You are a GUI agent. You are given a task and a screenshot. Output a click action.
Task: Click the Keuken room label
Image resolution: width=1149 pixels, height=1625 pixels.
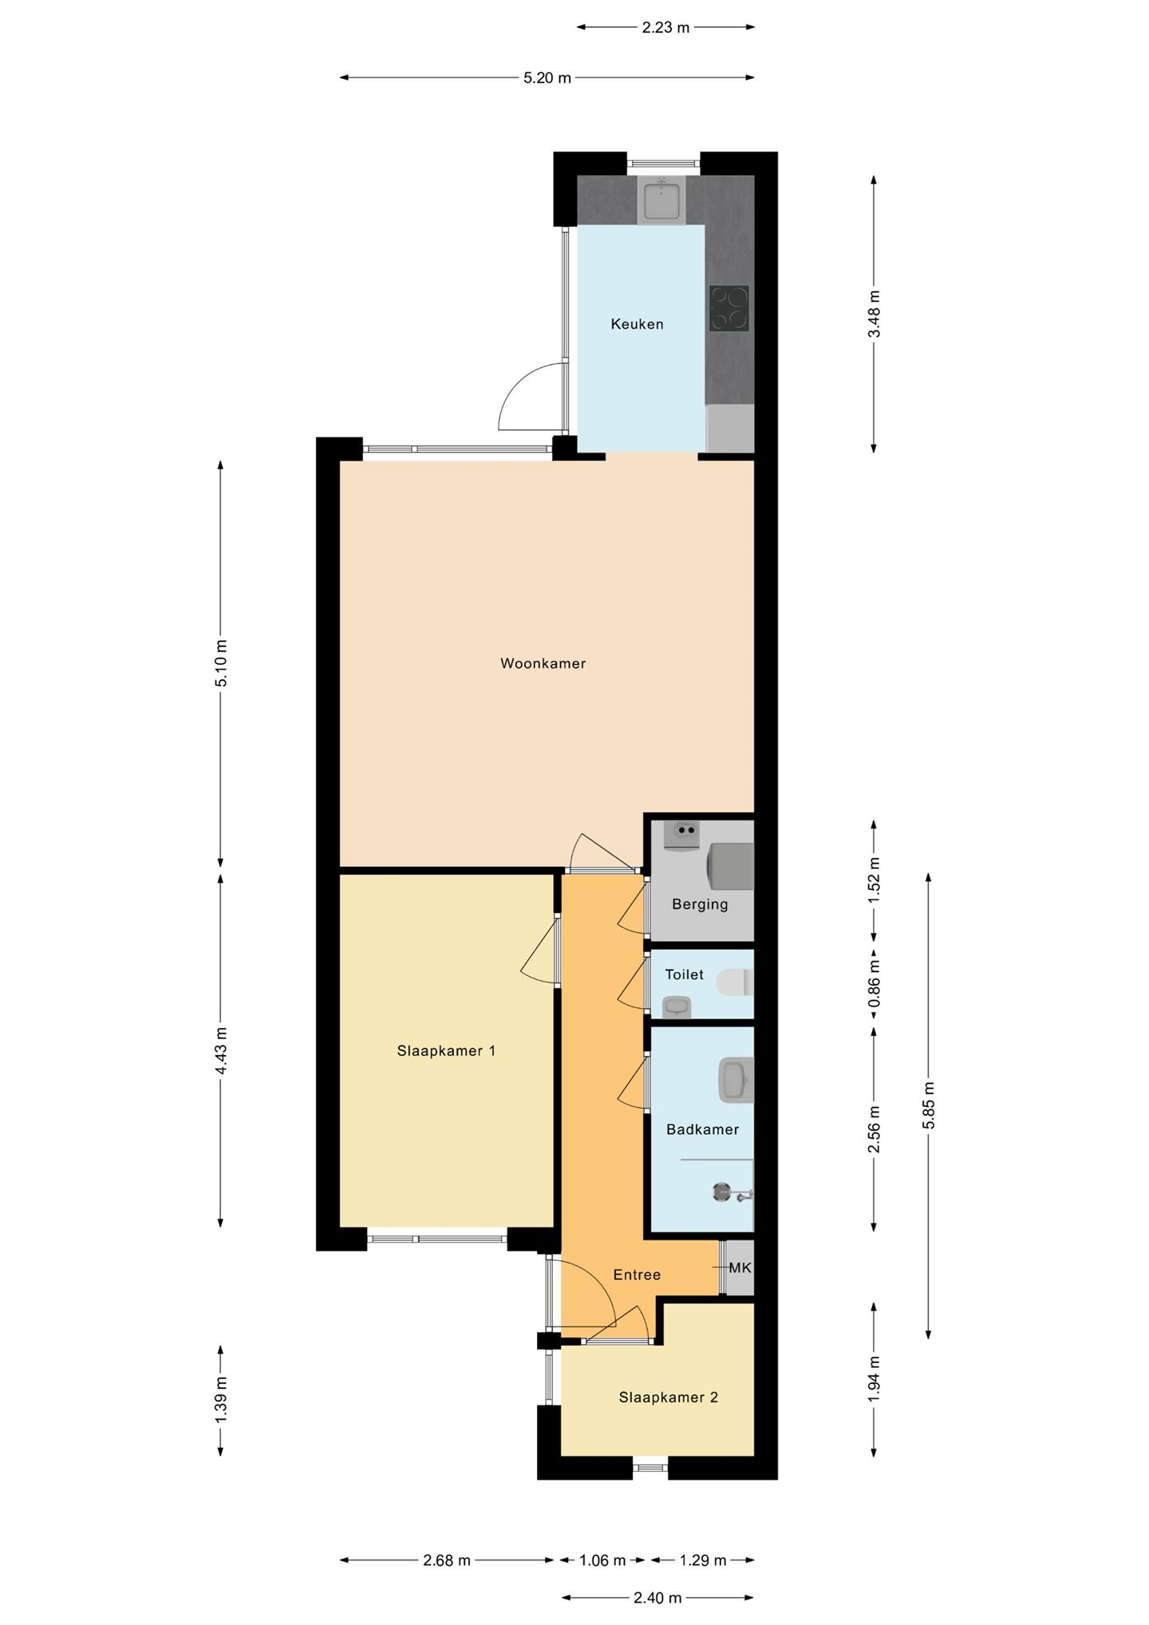(637, 324)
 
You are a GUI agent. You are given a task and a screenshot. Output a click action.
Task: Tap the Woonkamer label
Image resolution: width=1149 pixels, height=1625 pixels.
(543, 663)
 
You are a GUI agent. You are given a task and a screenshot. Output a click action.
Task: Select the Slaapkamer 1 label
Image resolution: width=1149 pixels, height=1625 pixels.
(446, 1051)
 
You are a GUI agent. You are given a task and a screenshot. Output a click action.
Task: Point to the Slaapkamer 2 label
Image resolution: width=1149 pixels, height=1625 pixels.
(668, 1398)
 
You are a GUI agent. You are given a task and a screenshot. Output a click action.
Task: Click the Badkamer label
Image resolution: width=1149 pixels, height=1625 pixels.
(702, 1129)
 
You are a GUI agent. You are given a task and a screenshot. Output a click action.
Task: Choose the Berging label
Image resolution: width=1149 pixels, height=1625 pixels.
(700, 904)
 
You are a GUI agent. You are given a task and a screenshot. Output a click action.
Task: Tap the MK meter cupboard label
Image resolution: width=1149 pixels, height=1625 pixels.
(740, 1267)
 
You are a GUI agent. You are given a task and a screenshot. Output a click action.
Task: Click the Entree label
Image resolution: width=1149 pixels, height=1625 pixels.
(637, 1275)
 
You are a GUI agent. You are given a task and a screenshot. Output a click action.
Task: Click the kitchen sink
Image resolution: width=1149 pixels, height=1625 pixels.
(661, 200)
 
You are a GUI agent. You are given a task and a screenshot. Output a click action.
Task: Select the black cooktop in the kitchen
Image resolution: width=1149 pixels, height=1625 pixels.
(729, 308)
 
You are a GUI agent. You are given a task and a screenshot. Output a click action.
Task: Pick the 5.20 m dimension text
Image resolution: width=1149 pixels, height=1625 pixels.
(547, 78)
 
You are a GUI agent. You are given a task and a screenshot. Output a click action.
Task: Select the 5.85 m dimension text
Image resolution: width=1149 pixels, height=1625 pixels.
(929, 1105)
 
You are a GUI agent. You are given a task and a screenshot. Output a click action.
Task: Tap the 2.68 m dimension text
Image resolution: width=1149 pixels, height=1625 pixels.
(447, 1560)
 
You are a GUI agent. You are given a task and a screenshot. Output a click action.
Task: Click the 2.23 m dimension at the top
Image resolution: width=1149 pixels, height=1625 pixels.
(665, 28)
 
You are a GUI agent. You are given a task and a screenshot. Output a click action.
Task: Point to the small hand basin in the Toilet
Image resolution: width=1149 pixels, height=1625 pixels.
(678, 1007)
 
